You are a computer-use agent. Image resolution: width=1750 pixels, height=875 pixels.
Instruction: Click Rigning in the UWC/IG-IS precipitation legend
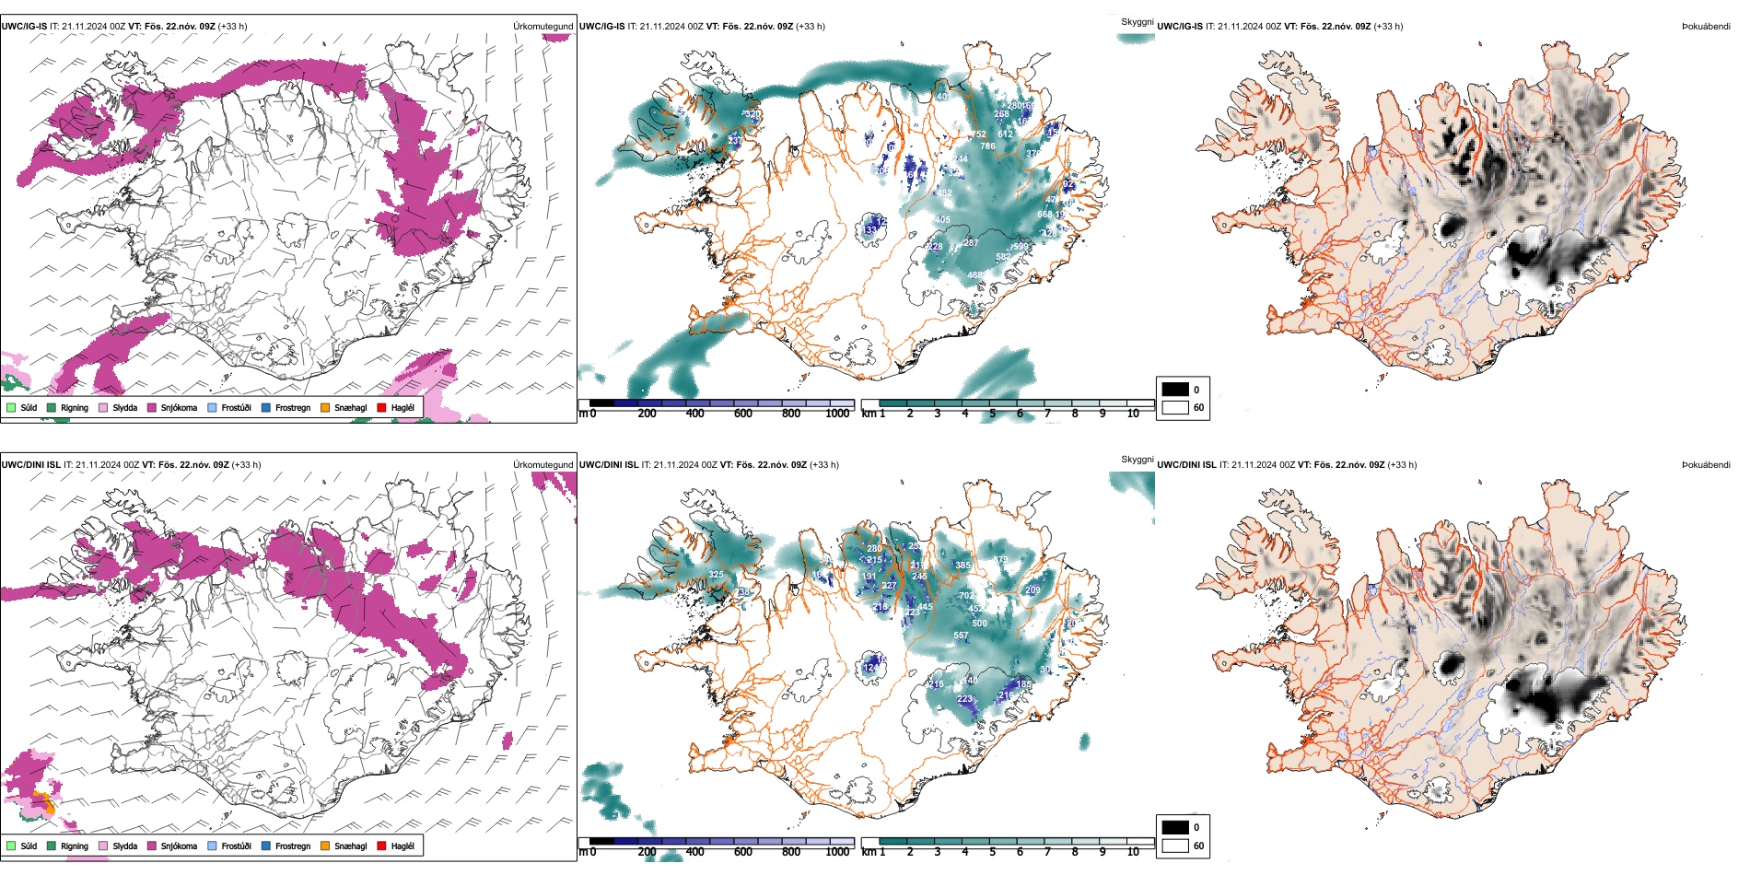coord(74,408)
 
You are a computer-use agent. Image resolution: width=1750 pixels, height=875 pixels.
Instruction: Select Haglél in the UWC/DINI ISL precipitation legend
coord(402,846)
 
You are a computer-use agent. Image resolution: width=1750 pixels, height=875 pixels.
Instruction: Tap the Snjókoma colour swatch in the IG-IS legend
coord(152,408)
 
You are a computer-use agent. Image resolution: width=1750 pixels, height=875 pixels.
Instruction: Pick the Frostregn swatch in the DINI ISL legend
coord(266,846)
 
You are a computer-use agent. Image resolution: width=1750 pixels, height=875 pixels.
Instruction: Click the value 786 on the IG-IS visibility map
coord(987,146)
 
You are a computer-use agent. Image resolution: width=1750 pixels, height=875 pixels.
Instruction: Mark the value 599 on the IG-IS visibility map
coord(1019,247)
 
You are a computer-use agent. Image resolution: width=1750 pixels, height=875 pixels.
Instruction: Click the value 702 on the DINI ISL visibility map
coord(966,596)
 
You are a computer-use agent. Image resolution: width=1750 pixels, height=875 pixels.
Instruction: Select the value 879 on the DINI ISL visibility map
coord(1000,559)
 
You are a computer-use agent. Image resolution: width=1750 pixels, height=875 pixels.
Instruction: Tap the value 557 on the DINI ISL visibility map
coord(961,636)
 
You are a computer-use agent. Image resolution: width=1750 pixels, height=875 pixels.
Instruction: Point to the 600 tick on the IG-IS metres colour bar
coord(743,414)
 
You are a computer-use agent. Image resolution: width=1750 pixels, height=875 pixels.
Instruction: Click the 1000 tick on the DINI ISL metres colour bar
coord(837,852)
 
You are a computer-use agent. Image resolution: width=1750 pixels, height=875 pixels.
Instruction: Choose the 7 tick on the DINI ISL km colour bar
coord(1047,852)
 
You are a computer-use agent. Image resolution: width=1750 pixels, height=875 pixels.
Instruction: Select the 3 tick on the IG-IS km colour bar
coord(938,414)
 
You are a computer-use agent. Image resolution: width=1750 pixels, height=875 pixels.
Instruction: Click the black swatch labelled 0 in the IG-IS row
coord(1175,390)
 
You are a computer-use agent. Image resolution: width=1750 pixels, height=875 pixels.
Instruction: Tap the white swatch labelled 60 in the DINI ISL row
coord(1175,846)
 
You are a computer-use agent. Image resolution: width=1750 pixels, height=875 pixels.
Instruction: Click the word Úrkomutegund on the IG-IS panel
coord(542,27)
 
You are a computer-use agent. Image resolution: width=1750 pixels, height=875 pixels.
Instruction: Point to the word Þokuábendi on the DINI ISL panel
coord(1705,465)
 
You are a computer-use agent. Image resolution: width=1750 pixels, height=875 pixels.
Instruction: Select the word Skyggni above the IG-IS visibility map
coord(1137,21)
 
